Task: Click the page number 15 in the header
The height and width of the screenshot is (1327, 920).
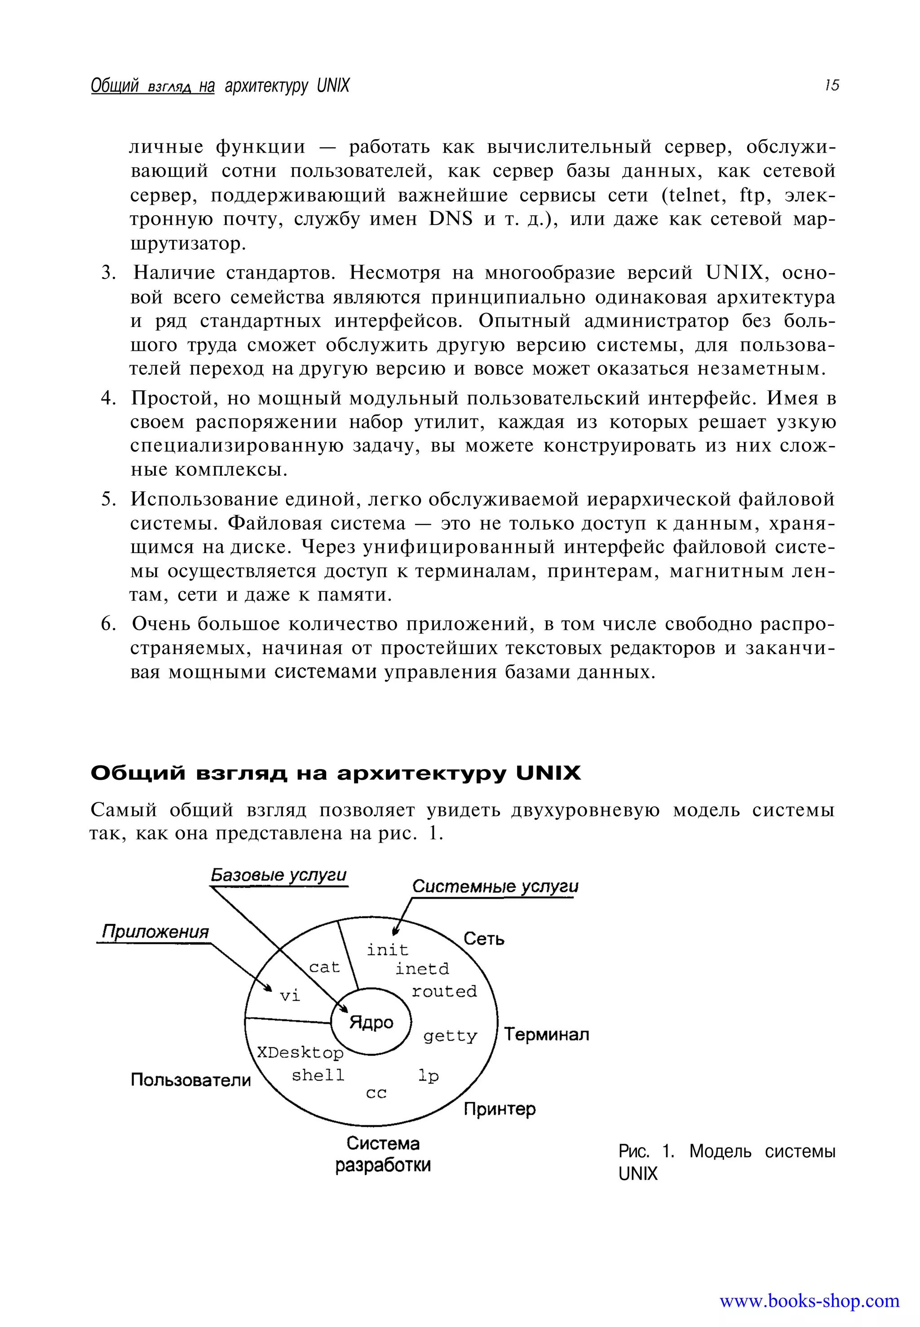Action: (x=831, y=85)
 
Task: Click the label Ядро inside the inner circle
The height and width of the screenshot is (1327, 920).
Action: (x=371, y=1022)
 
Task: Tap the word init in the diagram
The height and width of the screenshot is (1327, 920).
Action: (x=387, y=949)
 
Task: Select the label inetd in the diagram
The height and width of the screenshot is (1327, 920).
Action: (x=421, y=969)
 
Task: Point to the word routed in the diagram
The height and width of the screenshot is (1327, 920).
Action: (x=444, y=991)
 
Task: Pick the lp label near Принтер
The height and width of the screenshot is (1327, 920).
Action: (x=428, y=1076)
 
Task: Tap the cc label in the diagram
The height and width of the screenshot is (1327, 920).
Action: (x=376, y=1093)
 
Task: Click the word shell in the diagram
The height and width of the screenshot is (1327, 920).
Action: (x=318, y=1075)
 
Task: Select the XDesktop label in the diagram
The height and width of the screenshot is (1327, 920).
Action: (x=300, y=1053)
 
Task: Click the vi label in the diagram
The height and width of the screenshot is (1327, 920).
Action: (x=289, y=995)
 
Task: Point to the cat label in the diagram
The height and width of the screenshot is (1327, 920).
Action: (x=324, y=967)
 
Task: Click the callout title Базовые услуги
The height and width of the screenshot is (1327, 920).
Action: (x=279, y=875)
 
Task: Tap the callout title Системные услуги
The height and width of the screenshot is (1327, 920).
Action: (x=495, y=887)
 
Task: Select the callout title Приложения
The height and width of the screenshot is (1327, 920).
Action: (x=155, y=932)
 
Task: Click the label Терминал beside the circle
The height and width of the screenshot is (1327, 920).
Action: (x=546, y=1034)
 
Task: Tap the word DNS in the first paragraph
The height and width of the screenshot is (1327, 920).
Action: (x=450, y=219)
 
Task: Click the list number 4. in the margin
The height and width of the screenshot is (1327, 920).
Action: (x=108, y=398)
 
